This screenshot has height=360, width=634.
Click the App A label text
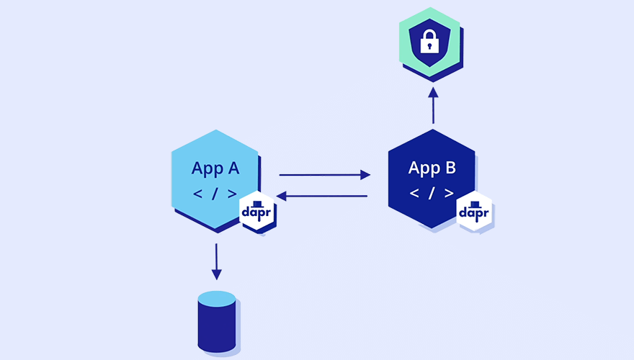215,168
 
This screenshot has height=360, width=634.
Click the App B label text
432,168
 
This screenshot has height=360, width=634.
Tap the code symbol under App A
215,193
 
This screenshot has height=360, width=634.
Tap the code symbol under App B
432,193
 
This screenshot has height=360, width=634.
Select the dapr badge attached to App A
258,212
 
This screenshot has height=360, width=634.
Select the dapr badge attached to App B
475,212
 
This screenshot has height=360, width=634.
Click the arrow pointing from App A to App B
324,174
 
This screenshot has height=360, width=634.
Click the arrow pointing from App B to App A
322,196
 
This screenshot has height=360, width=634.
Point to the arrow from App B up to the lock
433,106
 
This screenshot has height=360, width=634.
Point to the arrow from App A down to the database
216,261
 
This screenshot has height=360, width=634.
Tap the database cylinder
217,328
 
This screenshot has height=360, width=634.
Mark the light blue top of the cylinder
217,299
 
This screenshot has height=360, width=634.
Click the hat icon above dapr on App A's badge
258,204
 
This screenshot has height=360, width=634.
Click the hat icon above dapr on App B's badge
475,204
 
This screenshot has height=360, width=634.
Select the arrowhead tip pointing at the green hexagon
433,89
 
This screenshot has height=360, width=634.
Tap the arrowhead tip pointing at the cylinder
216,279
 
